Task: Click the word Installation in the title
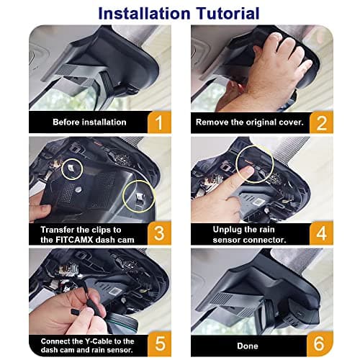point(144,14)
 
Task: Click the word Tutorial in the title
point(228,14)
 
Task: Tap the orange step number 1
point(159,122)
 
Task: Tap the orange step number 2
point(321,123)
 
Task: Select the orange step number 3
point(159,233)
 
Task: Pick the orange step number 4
point(321,233)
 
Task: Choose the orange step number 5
point(160,343)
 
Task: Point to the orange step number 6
point(319,343)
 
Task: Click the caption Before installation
point(89,122)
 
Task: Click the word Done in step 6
point(248,346)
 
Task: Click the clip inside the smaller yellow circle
point(71,168)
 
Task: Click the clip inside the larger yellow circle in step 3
point(140,199)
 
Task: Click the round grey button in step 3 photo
point(78,189)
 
